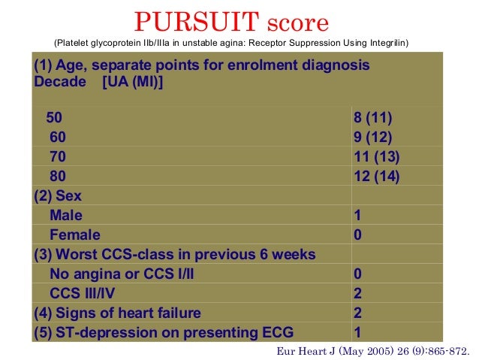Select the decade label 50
coord(55,118)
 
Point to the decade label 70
coord(58,157)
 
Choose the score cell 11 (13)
coord(376,157)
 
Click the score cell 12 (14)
coord(376,177)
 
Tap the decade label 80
coord(58,177)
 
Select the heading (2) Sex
coord(58,196)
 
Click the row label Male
coord(66,216)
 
